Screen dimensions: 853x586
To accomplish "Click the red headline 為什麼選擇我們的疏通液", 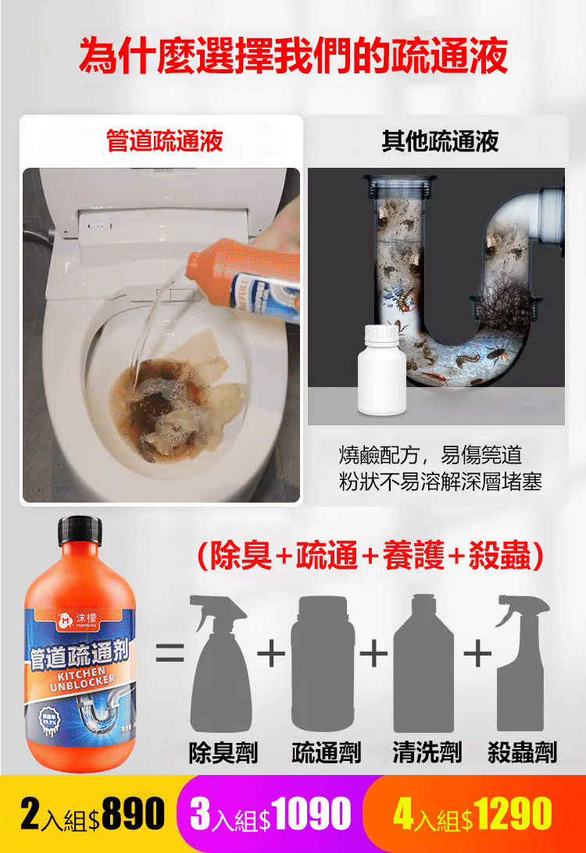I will [x=293, y=56].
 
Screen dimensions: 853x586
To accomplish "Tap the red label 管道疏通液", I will [x=165, y=141].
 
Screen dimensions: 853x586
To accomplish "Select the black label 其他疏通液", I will [x=440, y=141].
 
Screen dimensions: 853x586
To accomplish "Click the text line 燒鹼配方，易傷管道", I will [x=430, y=455].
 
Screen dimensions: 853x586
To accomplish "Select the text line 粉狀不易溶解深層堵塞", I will [x=440, y=482].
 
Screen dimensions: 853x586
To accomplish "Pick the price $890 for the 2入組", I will [x=133, y=814].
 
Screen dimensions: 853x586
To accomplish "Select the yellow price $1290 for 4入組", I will [x=513, y=814].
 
